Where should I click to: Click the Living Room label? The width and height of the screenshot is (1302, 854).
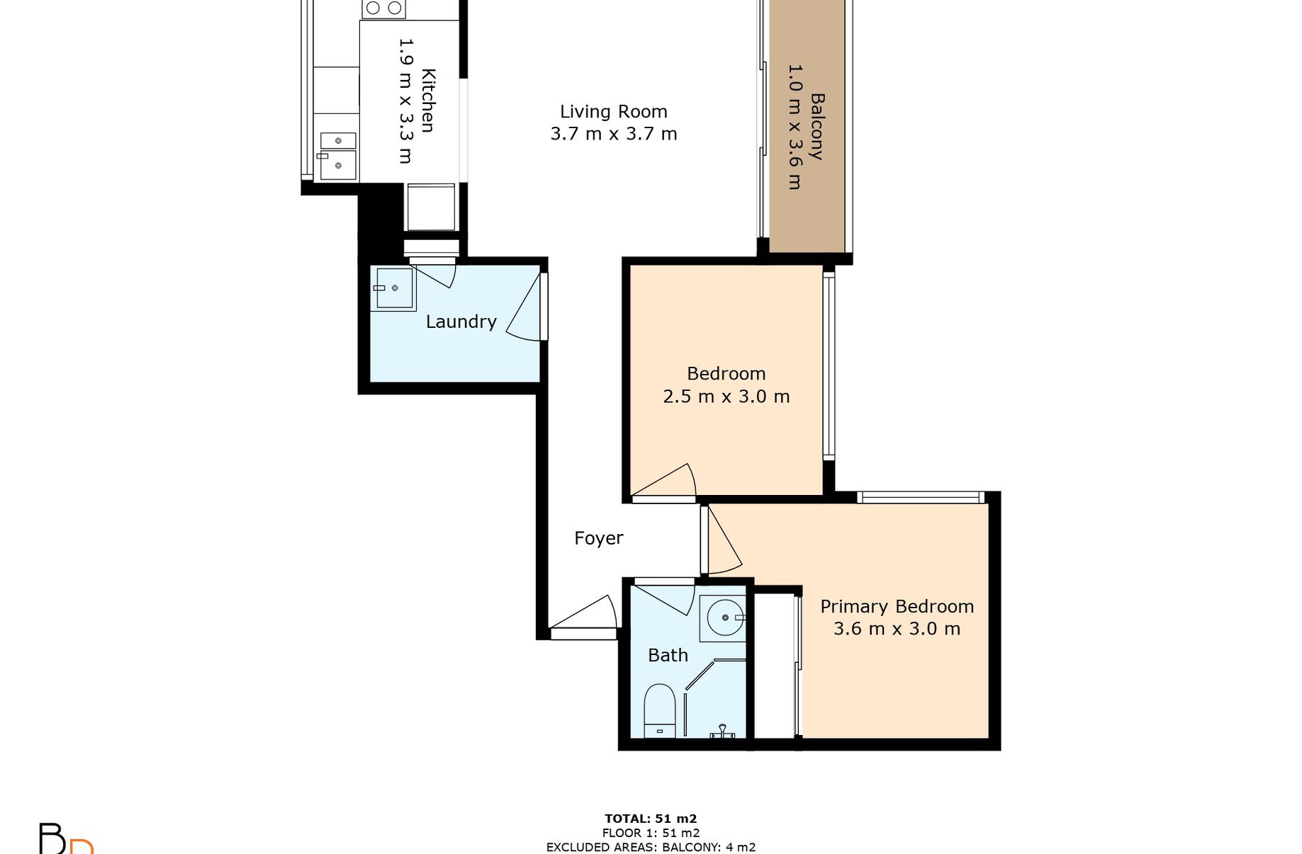[x=614, y=112]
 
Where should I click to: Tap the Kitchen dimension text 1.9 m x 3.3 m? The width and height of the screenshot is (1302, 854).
[x=405, y=101]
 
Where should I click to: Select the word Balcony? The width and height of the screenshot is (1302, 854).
[x=816, y=127]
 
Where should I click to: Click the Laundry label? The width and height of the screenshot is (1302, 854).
[x=461, y=321]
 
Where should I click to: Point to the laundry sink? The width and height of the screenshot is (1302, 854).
[x=393, y=289]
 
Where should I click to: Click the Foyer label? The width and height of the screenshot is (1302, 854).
[x=599, y=538]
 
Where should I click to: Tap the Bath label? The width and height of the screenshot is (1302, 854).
[x=668, y=655]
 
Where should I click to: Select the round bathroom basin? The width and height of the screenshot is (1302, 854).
[x=724, y=618]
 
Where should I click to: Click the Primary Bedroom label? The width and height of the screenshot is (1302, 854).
[x=897, y=607]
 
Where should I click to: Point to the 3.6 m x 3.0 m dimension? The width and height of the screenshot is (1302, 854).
[x=897, y=629]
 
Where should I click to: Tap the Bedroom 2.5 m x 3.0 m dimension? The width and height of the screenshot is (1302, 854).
[x=726, y=397]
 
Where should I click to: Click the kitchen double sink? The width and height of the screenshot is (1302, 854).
[x=337, y=156]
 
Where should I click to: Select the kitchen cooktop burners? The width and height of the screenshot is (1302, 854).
[x=383, y=8]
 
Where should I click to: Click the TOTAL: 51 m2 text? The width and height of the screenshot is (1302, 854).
[x=651, y=819]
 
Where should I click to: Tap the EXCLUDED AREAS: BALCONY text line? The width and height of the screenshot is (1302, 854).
[x=651, y=847]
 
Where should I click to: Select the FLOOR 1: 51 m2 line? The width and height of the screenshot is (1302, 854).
[x=651, y=833]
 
